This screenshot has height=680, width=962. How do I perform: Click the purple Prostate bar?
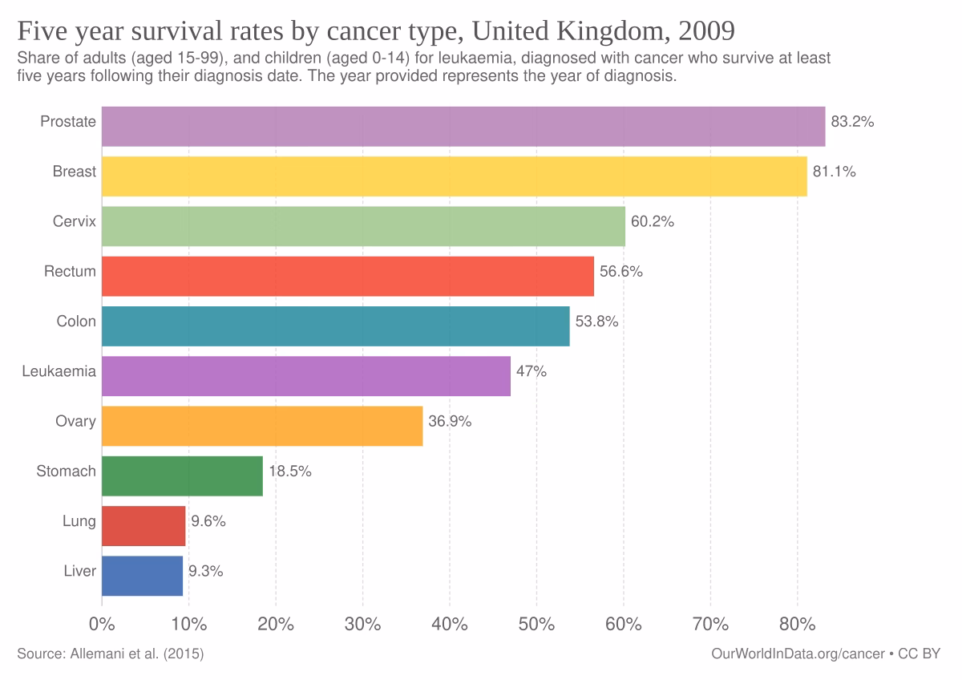coord(463,126)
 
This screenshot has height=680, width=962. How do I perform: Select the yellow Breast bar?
coord(455,176)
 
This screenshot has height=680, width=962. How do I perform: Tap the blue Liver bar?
coord(142,576)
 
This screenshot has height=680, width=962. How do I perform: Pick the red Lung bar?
coord(143,526)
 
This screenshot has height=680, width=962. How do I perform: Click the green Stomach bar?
coord(182,476)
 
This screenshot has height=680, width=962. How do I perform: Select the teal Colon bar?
coord(335,326)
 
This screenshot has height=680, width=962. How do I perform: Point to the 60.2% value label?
coord(653,222)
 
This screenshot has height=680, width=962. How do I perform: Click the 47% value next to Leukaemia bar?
coord(532,371)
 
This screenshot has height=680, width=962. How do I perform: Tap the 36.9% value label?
coord(450,422)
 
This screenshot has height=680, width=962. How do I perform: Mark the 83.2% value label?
coord(852,122)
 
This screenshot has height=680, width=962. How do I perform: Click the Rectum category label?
coord(70,272)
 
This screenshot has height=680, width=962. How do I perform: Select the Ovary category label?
coord(75,422)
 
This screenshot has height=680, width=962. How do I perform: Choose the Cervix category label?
coord(74,221)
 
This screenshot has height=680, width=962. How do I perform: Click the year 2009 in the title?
coord(706,31)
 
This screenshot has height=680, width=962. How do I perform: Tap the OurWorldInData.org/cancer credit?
coord(798,654)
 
